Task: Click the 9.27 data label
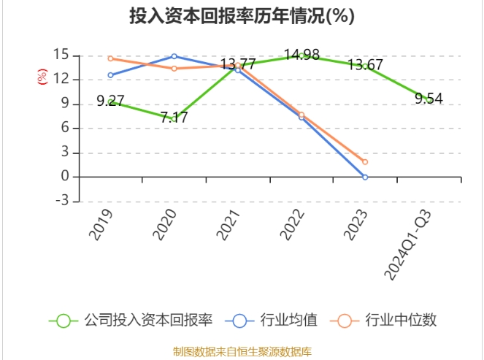click(110, 101)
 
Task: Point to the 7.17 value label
click(174, 117)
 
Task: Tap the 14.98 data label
click(301, 55)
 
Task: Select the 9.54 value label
click(429, 98)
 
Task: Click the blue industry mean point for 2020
click(174, 56)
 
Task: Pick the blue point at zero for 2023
click(365, 177)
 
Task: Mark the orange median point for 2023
click(365, 162)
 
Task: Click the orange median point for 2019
click(110, 58)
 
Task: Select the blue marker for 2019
click(110, 75)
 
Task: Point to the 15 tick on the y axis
click(61, 55)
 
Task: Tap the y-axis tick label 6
click(65, 129)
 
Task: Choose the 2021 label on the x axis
click(228, 223)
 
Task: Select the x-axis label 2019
click(101, 223)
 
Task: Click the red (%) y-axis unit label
click(42, 75)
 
